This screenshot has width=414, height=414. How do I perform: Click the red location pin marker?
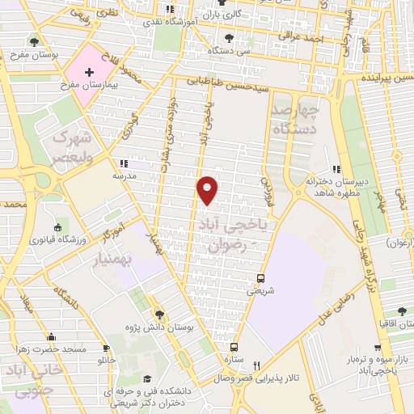click(209, 189)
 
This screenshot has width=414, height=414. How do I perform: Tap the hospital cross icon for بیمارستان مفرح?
click(89, 73)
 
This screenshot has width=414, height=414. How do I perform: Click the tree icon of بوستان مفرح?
click(33, 42)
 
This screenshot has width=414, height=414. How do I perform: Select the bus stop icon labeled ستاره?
click(234, 344)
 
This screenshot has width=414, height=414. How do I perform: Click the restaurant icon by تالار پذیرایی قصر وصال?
click(257, 365)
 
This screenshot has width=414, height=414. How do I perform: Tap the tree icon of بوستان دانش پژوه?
click(160, 315)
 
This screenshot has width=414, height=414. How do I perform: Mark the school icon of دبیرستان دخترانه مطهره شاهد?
click(332, 169)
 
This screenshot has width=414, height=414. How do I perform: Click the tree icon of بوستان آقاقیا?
click(401, 310)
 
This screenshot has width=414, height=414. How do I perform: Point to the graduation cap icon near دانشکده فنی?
click(146, 378)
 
